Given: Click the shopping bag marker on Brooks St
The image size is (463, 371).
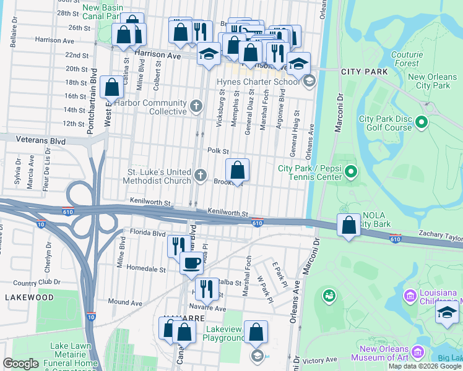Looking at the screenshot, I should pyautogui.click(x=237, y=170).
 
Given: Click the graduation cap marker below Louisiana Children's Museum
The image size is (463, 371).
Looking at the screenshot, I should pyautogui.click(x=447, y=313).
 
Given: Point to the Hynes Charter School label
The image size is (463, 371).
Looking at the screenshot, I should pyautogui.click(x=257, y=82).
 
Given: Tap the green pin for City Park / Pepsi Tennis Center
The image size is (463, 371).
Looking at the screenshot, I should pyautogui.click(x=351, y=171).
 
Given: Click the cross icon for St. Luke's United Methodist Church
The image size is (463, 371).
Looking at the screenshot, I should pyautogui.click(x=200, y=176).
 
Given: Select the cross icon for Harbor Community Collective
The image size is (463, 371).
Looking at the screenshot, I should pyautogui.click(x=197, y=106).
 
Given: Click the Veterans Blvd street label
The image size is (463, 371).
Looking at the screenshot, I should pyautogui.click(x=41, y=141).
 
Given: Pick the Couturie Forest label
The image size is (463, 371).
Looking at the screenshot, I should pyautogui.click(x=407, y=58).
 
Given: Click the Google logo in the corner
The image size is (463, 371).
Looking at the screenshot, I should pyautogui.click(x=20, y=364).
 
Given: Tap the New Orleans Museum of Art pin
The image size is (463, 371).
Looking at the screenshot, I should pyautogui.click(x=418, y=352).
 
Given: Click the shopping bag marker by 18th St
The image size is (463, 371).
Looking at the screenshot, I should pyautogui.click(x=112, y=88).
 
